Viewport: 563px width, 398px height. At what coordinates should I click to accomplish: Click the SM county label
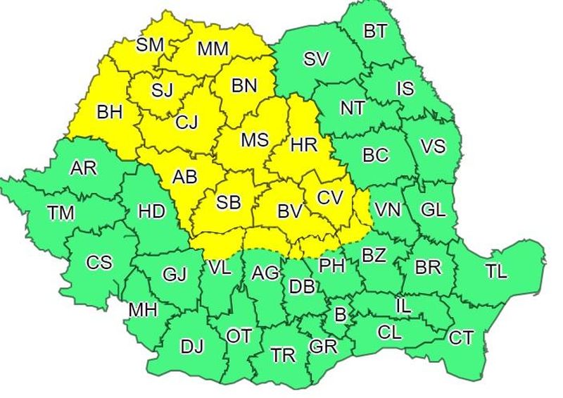pyautogui.click(x=149, y=45)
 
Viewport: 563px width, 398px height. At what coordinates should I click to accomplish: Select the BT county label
pyautogui.click(x=375, y=31)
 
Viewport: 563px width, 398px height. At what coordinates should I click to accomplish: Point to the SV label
pyautogui.click(x=317, y=59)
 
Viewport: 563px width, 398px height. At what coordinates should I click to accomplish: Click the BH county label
pyautogui.click(x=109, y=111)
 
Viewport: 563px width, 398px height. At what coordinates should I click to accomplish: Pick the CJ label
pyautogui.click(x=186, y=122)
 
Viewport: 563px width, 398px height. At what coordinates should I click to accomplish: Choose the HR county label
pyautogui.click(x=304, y=144)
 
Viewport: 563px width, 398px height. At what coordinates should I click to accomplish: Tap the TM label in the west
pyautogui.click(x=61, y=213)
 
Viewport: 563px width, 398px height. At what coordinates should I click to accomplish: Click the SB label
pyautogui.click(x=228, y=203)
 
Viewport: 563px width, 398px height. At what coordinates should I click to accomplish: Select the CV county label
pyautogui.click(x=329, y=198)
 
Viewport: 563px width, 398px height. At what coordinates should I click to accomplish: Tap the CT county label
pyautogui.click(x=461, y=339)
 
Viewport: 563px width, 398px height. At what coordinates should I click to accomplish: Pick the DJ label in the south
pyautogui.click(x=191, y=347)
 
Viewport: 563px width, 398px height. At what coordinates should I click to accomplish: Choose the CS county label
pyautogui.click(x=99, y=263)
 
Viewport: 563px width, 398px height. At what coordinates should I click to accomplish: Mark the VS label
pyautogui.click(x=433, y=147)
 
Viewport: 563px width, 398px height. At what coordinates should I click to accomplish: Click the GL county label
pyautogui.click(x=433, y=209)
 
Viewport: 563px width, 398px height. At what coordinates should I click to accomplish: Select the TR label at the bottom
pyautogui.click(x=283, y=355)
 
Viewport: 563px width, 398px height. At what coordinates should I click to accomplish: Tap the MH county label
pyautogui.click(x=143, y=309)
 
